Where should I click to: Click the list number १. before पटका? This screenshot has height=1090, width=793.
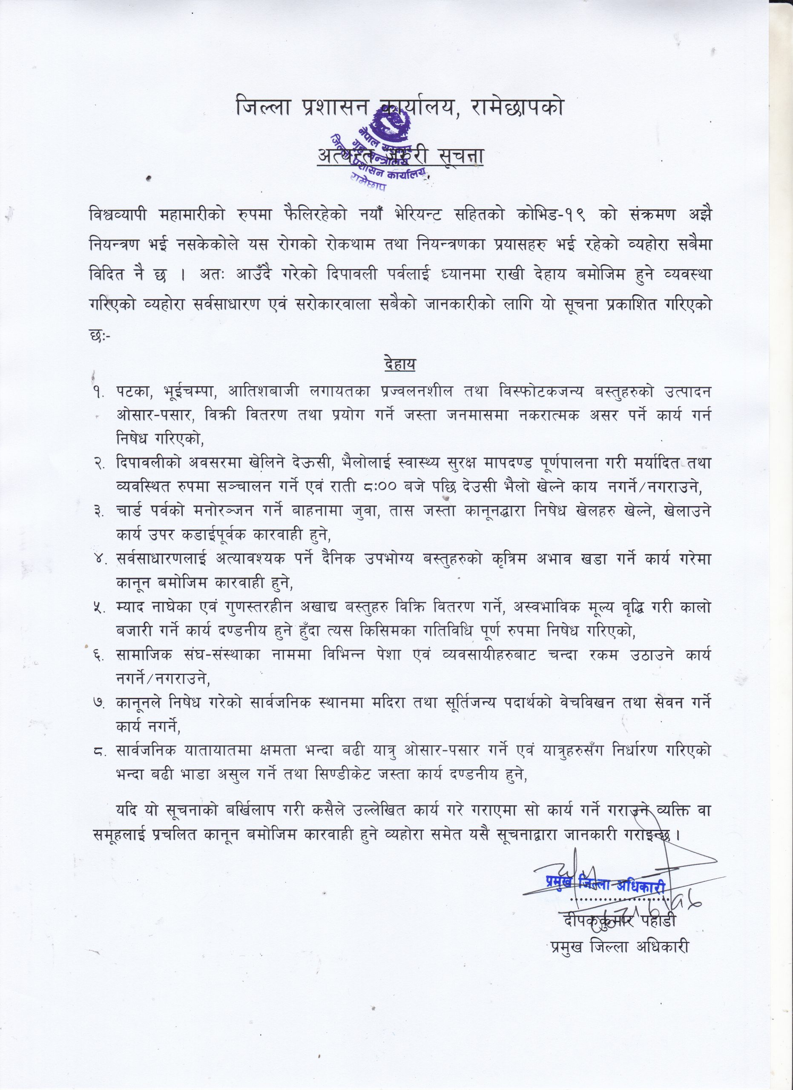[100, 393]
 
